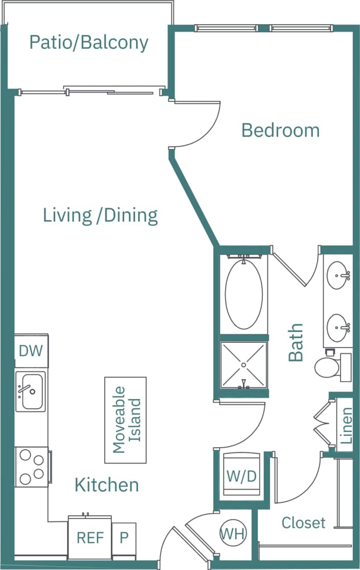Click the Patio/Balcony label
[88, 42]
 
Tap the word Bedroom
[280, 130]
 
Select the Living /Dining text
[100, 215]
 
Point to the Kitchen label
[107, 484]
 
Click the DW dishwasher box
[31, 351]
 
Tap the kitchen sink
[30, 391]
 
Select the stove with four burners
[31, 467]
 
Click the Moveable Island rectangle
[125, 420]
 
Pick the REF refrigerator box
[90, 538]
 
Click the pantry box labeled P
[124, 538]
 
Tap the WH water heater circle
[233, 534]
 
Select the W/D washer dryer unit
[241, 476]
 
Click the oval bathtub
[244, 295]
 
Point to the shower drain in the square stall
[244, 364]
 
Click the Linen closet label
[347, 425]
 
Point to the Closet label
[303, 522]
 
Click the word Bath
[296, 342]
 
